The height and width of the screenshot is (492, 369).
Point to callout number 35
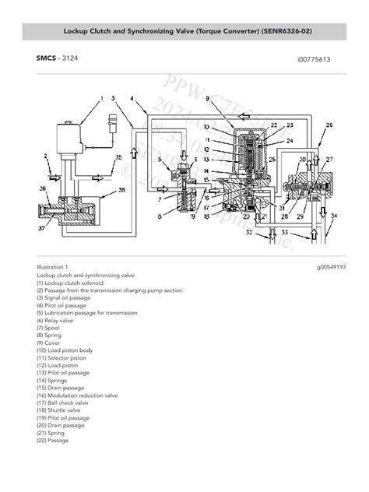[x=118, y=158]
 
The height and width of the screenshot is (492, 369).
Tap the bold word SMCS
[x=46, y=58]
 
